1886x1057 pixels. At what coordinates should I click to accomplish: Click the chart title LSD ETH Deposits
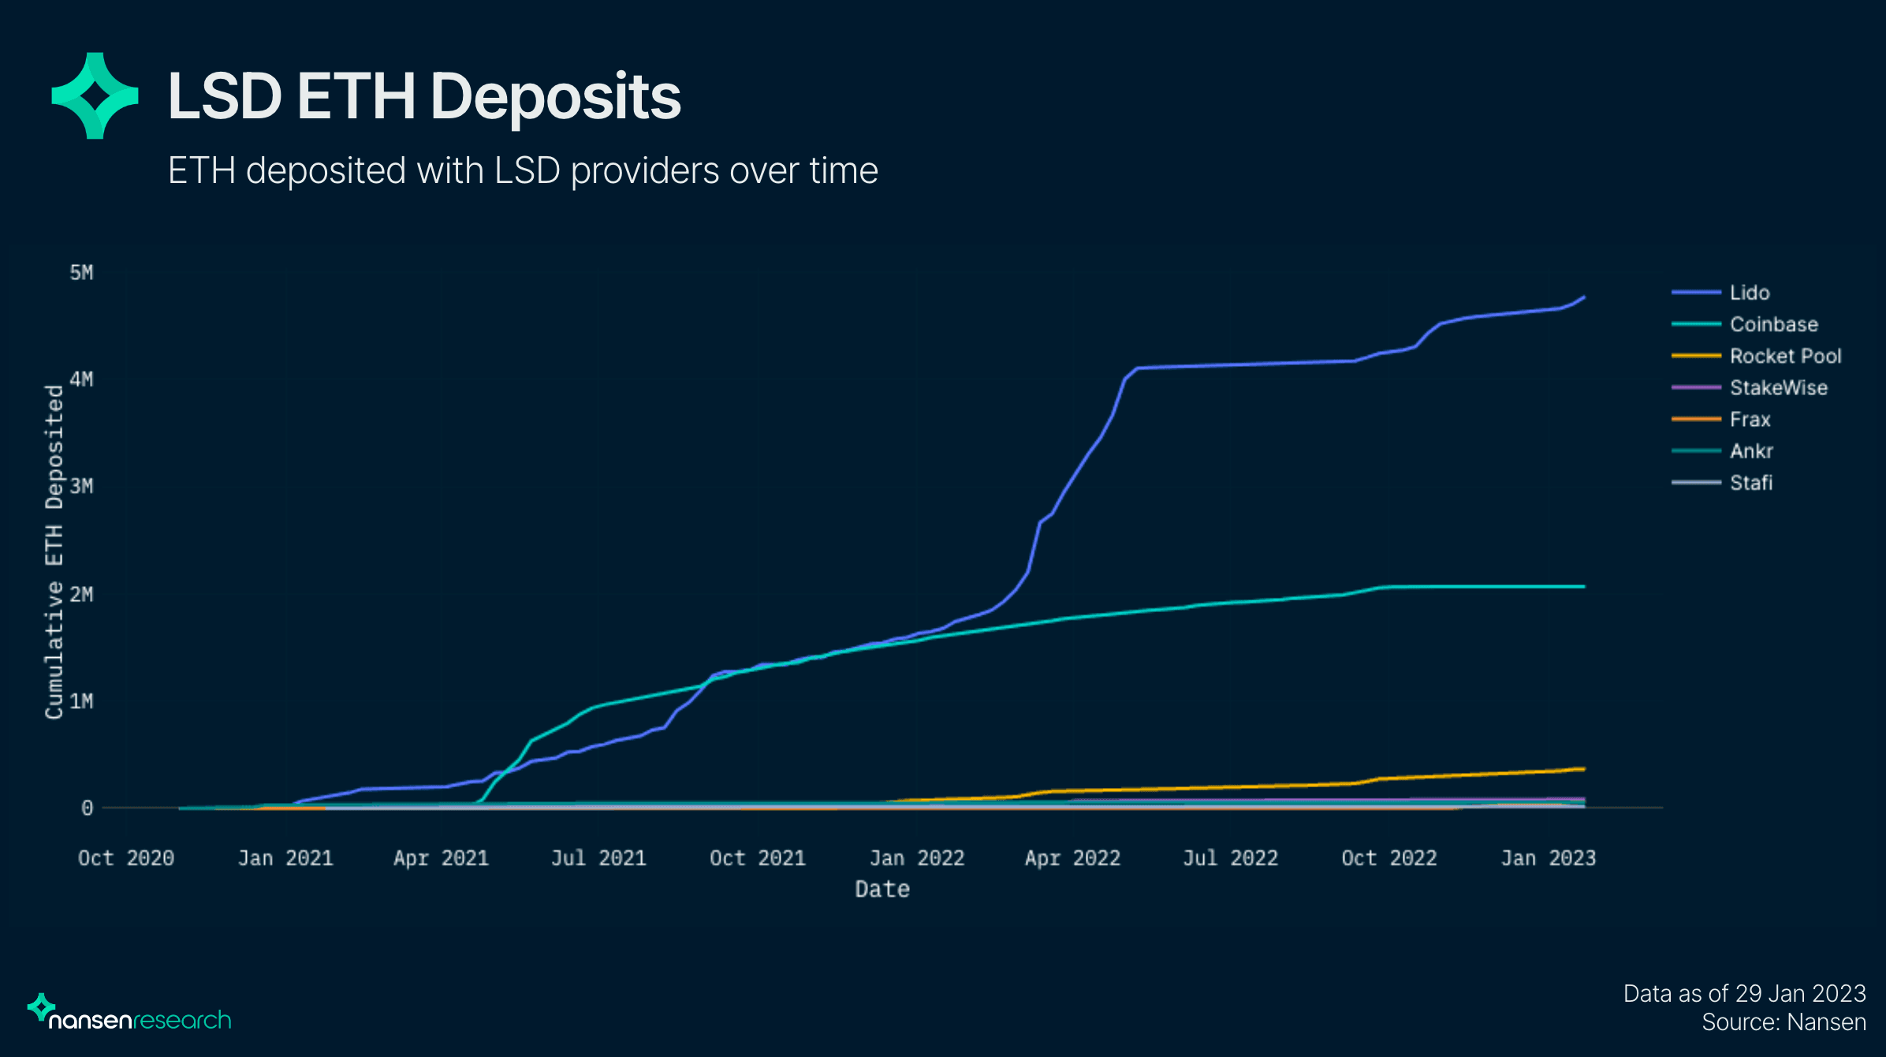(424, 96)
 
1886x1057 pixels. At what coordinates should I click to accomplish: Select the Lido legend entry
(1749, 293)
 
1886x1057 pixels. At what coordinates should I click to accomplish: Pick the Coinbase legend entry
(1773, 324)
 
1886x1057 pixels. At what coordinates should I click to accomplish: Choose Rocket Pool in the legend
(1785, 356)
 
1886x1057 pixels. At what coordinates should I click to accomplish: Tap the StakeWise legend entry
(1778, 387)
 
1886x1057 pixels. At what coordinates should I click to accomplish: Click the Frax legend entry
(1750, 420)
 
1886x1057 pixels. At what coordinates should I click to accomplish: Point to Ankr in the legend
(1751, 451)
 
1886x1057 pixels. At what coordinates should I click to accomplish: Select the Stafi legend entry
(1750, 483)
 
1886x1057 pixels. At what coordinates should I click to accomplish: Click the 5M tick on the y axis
(81, 273)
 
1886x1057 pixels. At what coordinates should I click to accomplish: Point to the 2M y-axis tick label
(81, 594)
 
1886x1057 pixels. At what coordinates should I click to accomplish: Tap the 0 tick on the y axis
(87, 808)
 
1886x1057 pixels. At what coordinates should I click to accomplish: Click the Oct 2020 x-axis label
(126, 858)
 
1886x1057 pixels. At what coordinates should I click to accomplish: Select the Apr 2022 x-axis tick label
(1072, 858)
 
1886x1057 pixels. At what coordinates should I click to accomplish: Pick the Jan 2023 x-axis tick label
(1548, 858)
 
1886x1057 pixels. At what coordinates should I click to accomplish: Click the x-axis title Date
(882, 890)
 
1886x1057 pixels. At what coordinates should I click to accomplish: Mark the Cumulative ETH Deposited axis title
(54, 552)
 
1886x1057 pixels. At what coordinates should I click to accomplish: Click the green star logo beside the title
(95, 96)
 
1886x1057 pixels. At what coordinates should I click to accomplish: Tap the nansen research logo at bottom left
(130, 1014)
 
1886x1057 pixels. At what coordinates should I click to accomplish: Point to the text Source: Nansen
(1783, 1022)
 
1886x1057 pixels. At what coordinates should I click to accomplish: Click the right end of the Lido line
(1583, 298)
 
